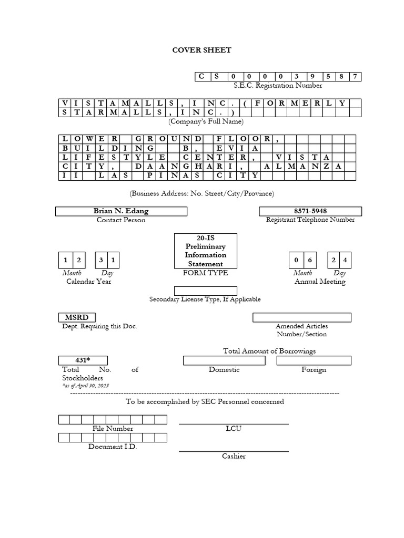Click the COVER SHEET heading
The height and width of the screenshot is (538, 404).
[202, 50]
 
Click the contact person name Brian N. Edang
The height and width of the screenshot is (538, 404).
[121, 211]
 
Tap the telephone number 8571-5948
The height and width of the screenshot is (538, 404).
[310, 211]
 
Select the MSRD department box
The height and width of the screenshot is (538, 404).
[77, 317]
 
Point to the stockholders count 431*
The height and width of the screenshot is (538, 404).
[83, 360]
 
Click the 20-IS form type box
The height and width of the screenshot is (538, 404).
[205, 251]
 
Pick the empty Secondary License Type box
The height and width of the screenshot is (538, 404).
[205, 291]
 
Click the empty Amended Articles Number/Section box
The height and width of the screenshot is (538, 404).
[301, 317]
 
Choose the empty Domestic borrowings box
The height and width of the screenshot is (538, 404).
[224, 360]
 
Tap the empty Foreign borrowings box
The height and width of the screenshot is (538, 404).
[314, 360]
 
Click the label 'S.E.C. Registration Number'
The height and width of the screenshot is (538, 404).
[278, 85]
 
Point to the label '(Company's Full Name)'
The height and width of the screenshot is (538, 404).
[206, 121]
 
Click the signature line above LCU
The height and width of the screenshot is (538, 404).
[234, 423]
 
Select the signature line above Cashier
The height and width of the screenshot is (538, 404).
[234, 451]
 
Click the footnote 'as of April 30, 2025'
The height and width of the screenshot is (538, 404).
[85, 386]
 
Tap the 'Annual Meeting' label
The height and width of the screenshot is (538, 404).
[320, 282]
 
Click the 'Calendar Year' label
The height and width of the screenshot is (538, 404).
[88, 281]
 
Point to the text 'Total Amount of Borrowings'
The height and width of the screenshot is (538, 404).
[269, 351]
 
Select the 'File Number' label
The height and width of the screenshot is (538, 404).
[113, 429]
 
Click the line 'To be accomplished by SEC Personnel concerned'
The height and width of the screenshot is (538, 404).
[205, 401]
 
